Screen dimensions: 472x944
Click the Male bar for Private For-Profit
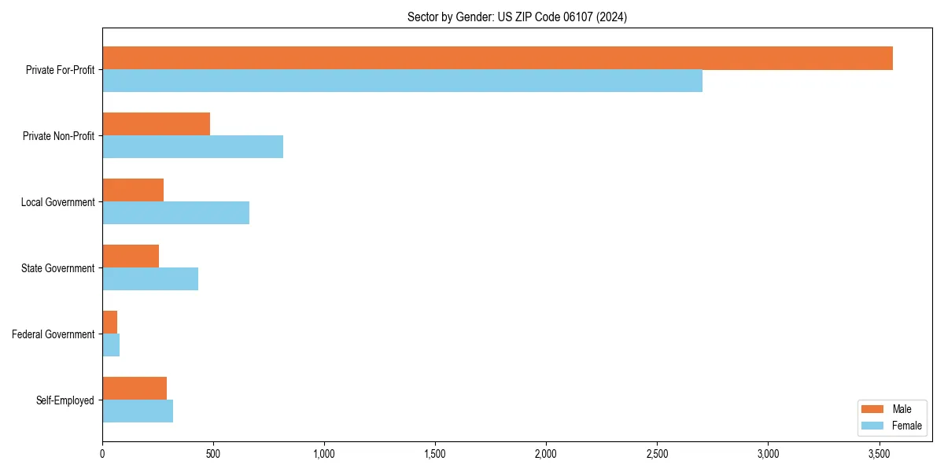pos(497,58)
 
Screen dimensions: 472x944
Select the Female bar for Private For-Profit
pos(402,81)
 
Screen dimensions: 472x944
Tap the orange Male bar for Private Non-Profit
pos(156,124)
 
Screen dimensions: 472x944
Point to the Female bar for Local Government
pos(175,213)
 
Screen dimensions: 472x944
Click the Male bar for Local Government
pos(133,190)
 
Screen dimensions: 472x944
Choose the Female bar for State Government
pos(150,279)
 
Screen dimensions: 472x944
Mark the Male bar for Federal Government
pos(109,323)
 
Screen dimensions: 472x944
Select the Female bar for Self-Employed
pos(138,411)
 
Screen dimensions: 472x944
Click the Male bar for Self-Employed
pos(135,389)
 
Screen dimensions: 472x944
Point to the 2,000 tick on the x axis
pos(546,454)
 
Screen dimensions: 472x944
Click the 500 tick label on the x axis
pos(213,454)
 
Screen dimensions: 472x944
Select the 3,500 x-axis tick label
pos(879,454)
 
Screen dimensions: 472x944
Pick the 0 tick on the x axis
pos(102,454)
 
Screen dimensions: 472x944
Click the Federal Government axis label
pos(53,334)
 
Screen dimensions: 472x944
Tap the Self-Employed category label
pos(65,400)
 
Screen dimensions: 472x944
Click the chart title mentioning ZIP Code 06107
pos(517,17)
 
